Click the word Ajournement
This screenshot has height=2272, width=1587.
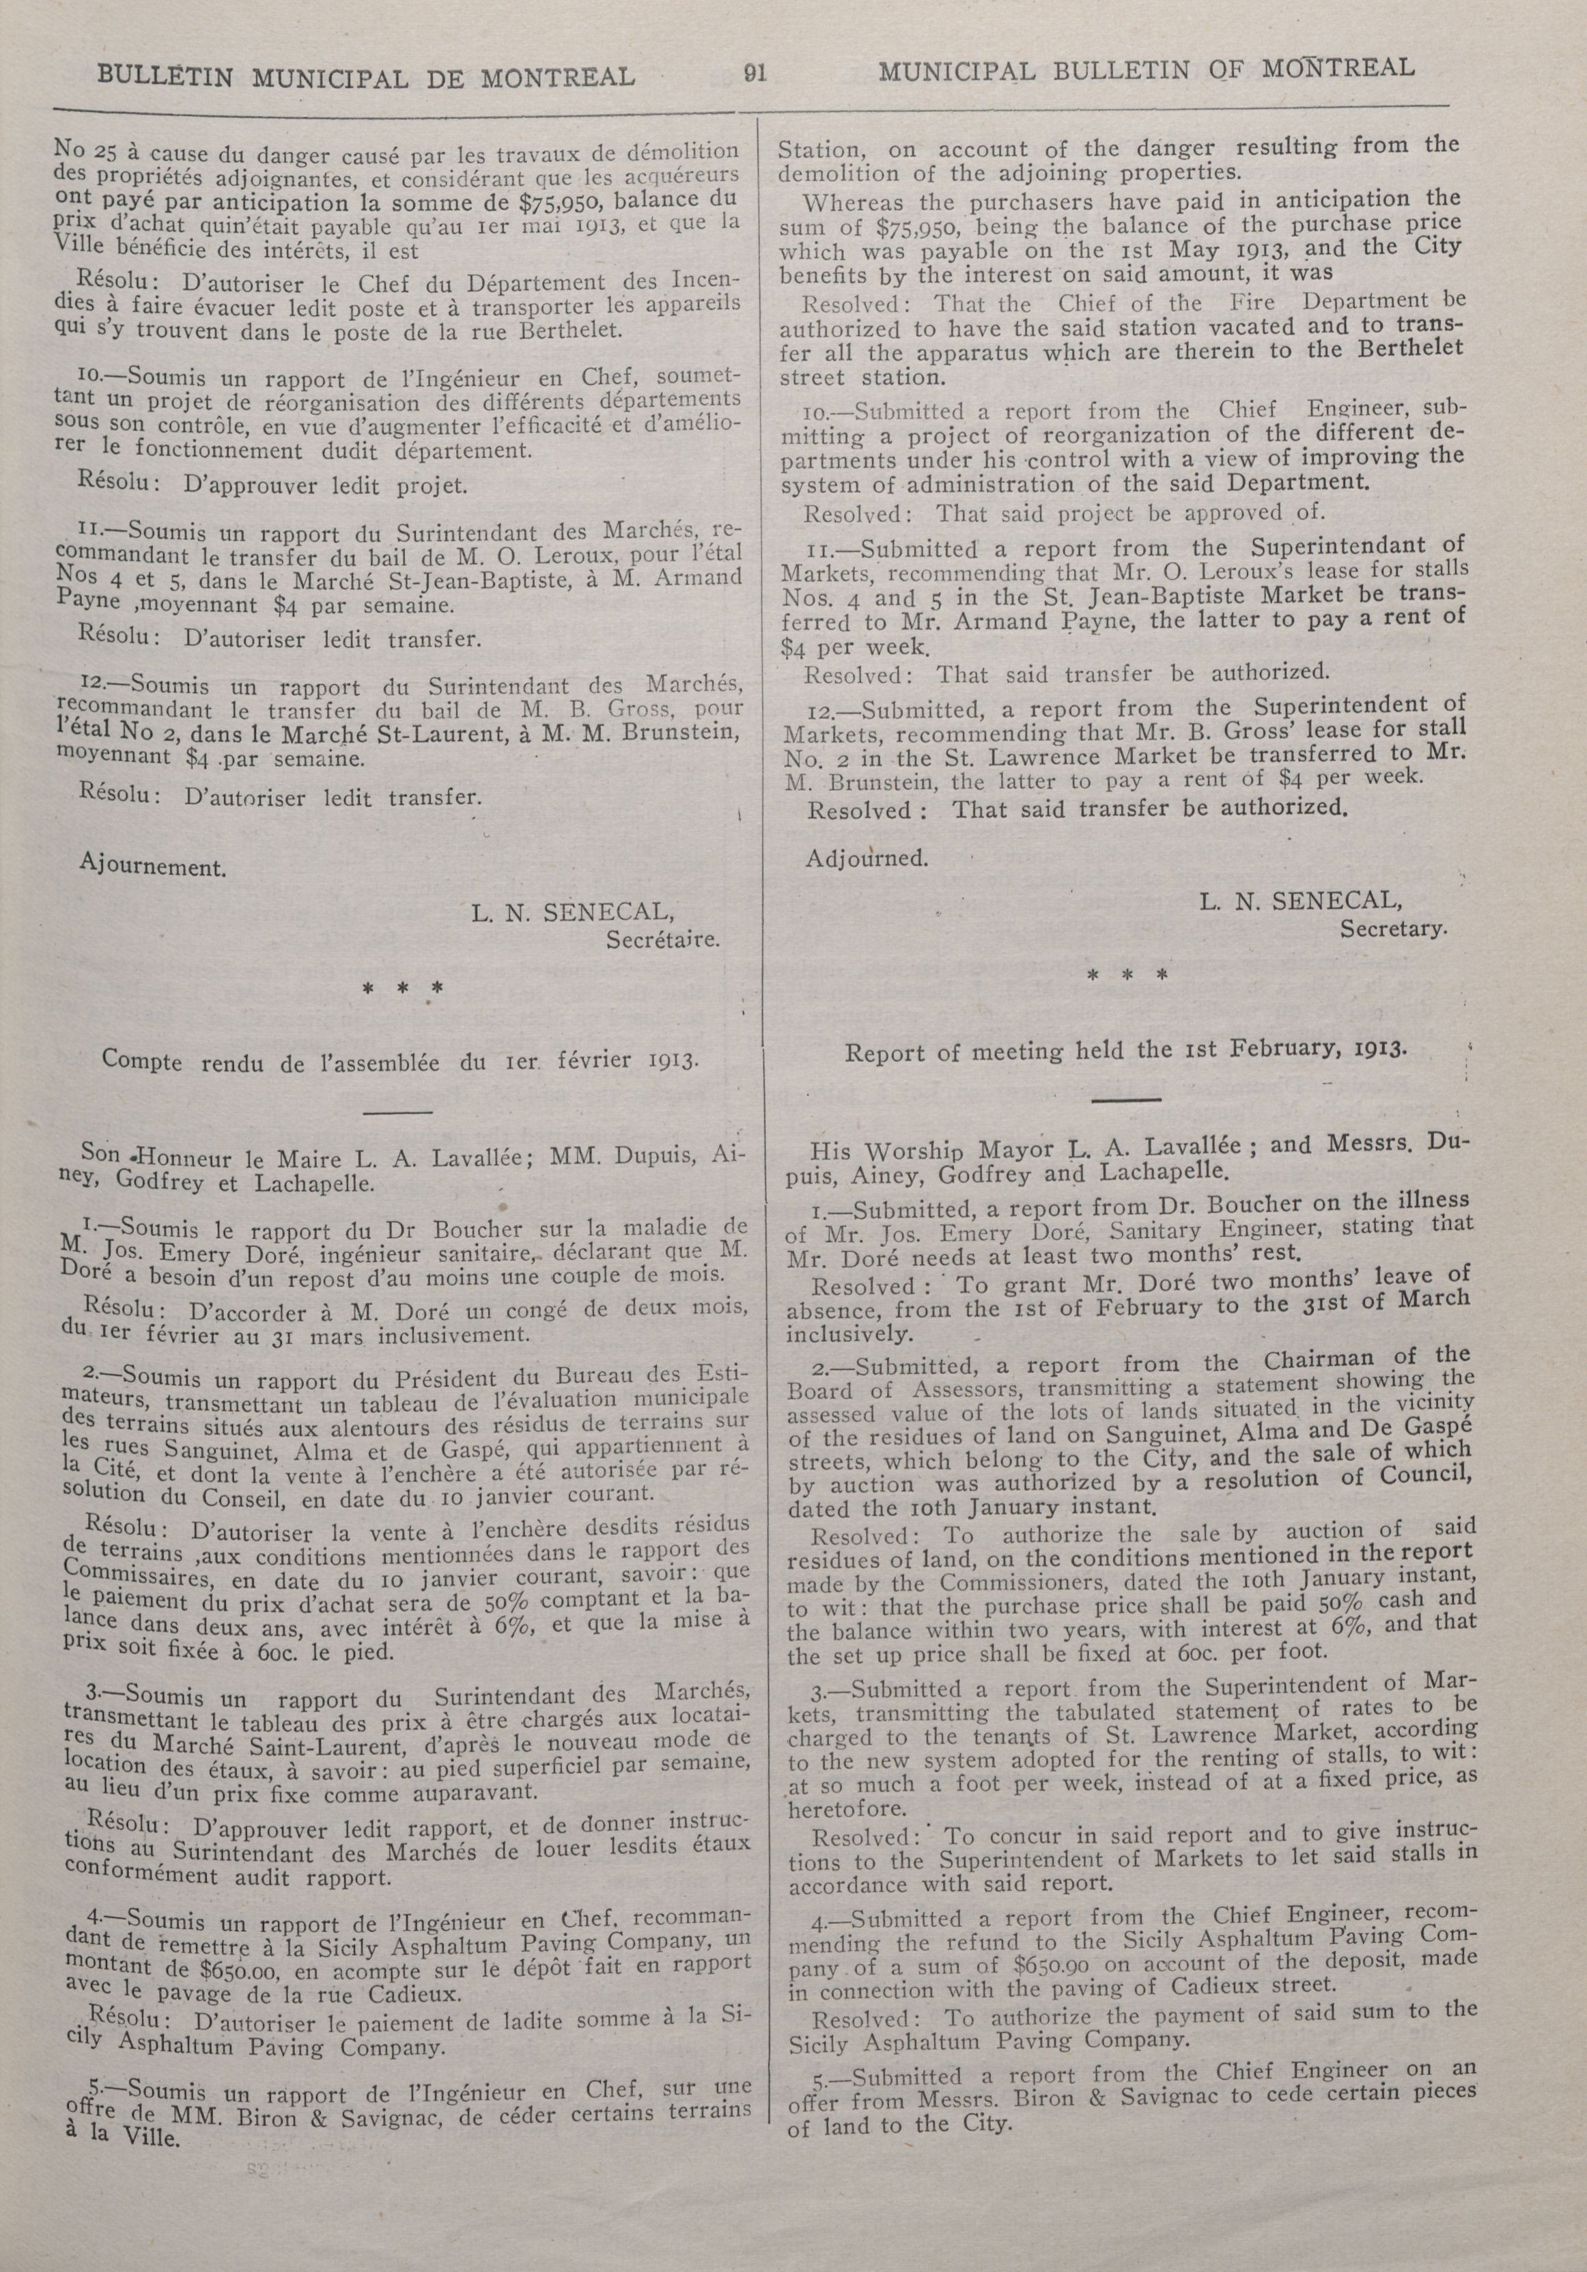pos(152,867)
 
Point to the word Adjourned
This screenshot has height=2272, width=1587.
pos(867,858)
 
